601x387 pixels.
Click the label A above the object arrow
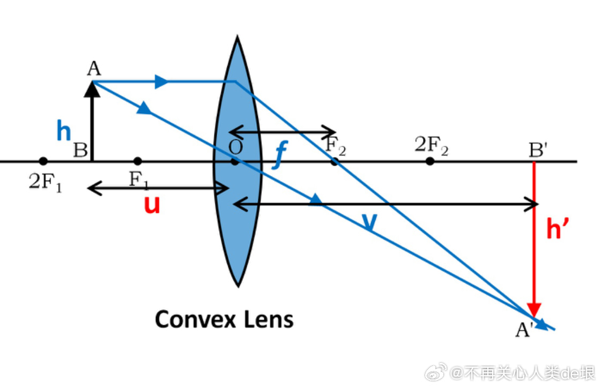[93, 69]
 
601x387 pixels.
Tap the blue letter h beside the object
[63, 130]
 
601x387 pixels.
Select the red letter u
[152, 205]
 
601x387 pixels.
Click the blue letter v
[368, 222]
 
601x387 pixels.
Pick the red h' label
[558, 229]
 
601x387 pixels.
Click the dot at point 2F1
[43, 161]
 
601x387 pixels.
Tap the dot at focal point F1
[138, 161]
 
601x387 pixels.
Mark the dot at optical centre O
[235, 161]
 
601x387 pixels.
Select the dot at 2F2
[429, 161]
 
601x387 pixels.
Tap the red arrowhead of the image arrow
[533, 309]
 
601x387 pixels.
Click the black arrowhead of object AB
[93, 88]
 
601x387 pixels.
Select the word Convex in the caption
[195, 319]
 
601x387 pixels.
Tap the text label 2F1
[45, 183]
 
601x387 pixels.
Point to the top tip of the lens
[237, 38]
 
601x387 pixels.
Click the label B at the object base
[80, 151]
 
